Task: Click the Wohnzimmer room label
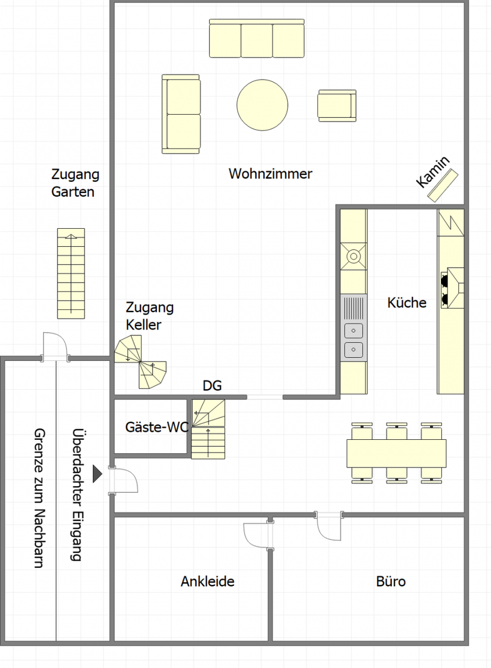coord(270,174)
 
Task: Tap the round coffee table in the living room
coord(263,105)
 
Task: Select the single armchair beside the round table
coord(337,106)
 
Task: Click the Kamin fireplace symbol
coord(442,185)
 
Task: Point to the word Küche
coord(407,302)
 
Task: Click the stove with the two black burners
coord(453,288)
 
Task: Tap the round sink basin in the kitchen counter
coord(354,256)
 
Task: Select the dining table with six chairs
coord(397,453)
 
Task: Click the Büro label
coord(391,582)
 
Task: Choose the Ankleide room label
coord(208,582)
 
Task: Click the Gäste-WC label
coord(157,428)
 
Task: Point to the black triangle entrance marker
coord(97,473)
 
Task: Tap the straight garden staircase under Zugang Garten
coord(71,273)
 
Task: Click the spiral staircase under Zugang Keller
coord(140,362)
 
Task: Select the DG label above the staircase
coord(212,385)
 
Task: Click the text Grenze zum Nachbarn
coord(39,498)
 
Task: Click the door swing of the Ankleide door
coord(256,536)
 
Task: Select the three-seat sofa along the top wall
coord(257,38)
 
